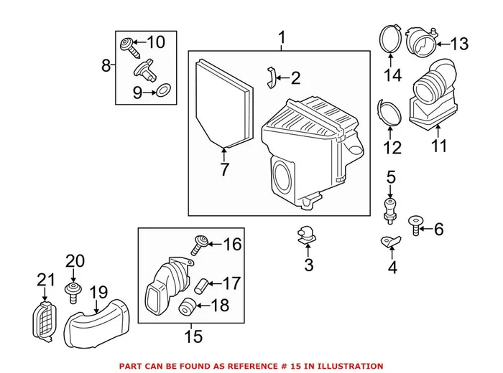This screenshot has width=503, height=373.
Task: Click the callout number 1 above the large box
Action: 282,37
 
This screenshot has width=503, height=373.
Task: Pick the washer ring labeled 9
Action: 164,91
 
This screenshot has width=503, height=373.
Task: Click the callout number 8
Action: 106,66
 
